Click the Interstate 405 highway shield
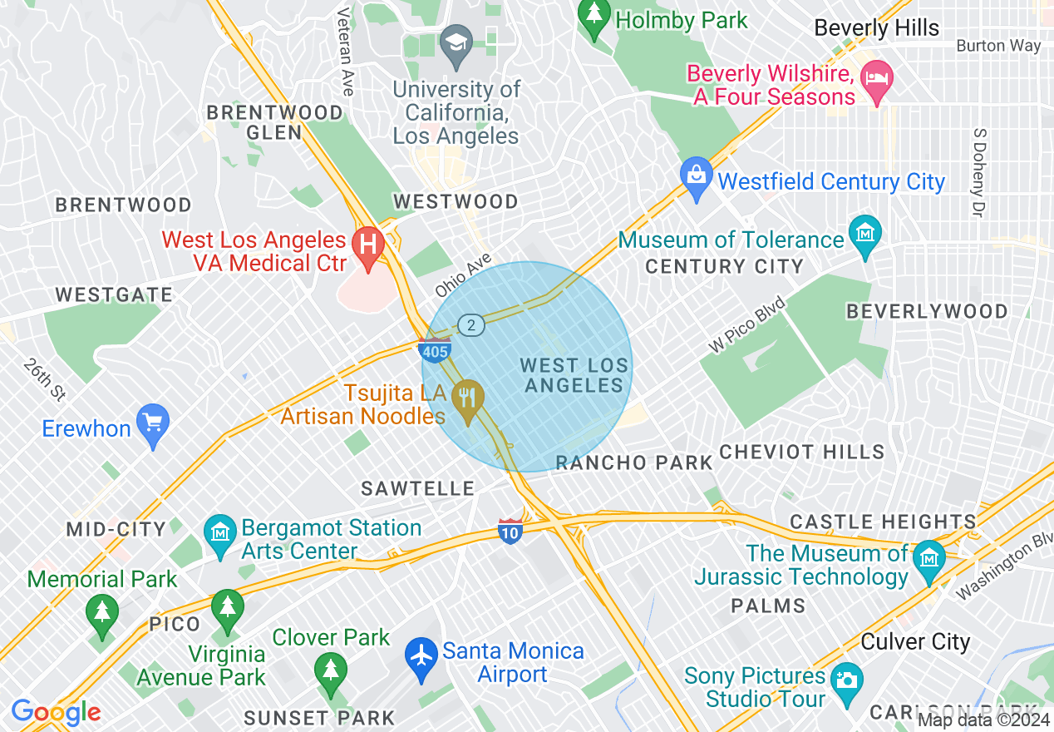436,351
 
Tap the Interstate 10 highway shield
510,530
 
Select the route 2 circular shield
471,325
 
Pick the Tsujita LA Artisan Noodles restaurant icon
468,398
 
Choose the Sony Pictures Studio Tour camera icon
846,680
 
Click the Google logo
56,712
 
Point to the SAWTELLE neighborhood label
417,488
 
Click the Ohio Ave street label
463,275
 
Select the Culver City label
915,641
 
